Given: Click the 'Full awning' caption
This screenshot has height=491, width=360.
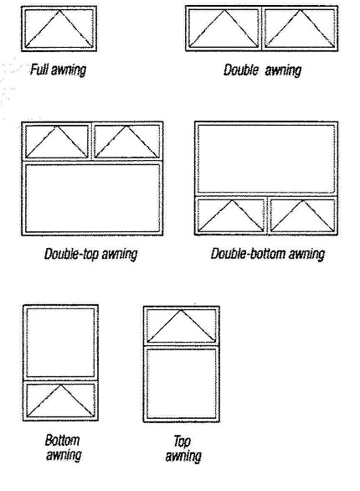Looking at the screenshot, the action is click(58, 70).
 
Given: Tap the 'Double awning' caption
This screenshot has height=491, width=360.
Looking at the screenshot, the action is click(262, 70).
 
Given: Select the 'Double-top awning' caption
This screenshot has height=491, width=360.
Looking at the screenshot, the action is click(90, 254).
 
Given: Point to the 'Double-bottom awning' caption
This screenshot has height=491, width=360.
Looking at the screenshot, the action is click(267, 254).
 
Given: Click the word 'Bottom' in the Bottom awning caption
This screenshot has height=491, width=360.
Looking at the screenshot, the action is click(62, 440).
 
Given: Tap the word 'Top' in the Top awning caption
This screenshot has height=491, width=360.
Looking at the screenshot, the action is click(182, 442).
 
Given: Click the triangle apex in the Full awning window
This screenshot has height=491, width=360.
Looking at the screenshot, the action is click(59, 10).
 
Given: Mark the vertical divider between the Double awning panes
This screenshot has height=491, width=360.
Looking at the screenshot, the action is click(261, 28).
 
